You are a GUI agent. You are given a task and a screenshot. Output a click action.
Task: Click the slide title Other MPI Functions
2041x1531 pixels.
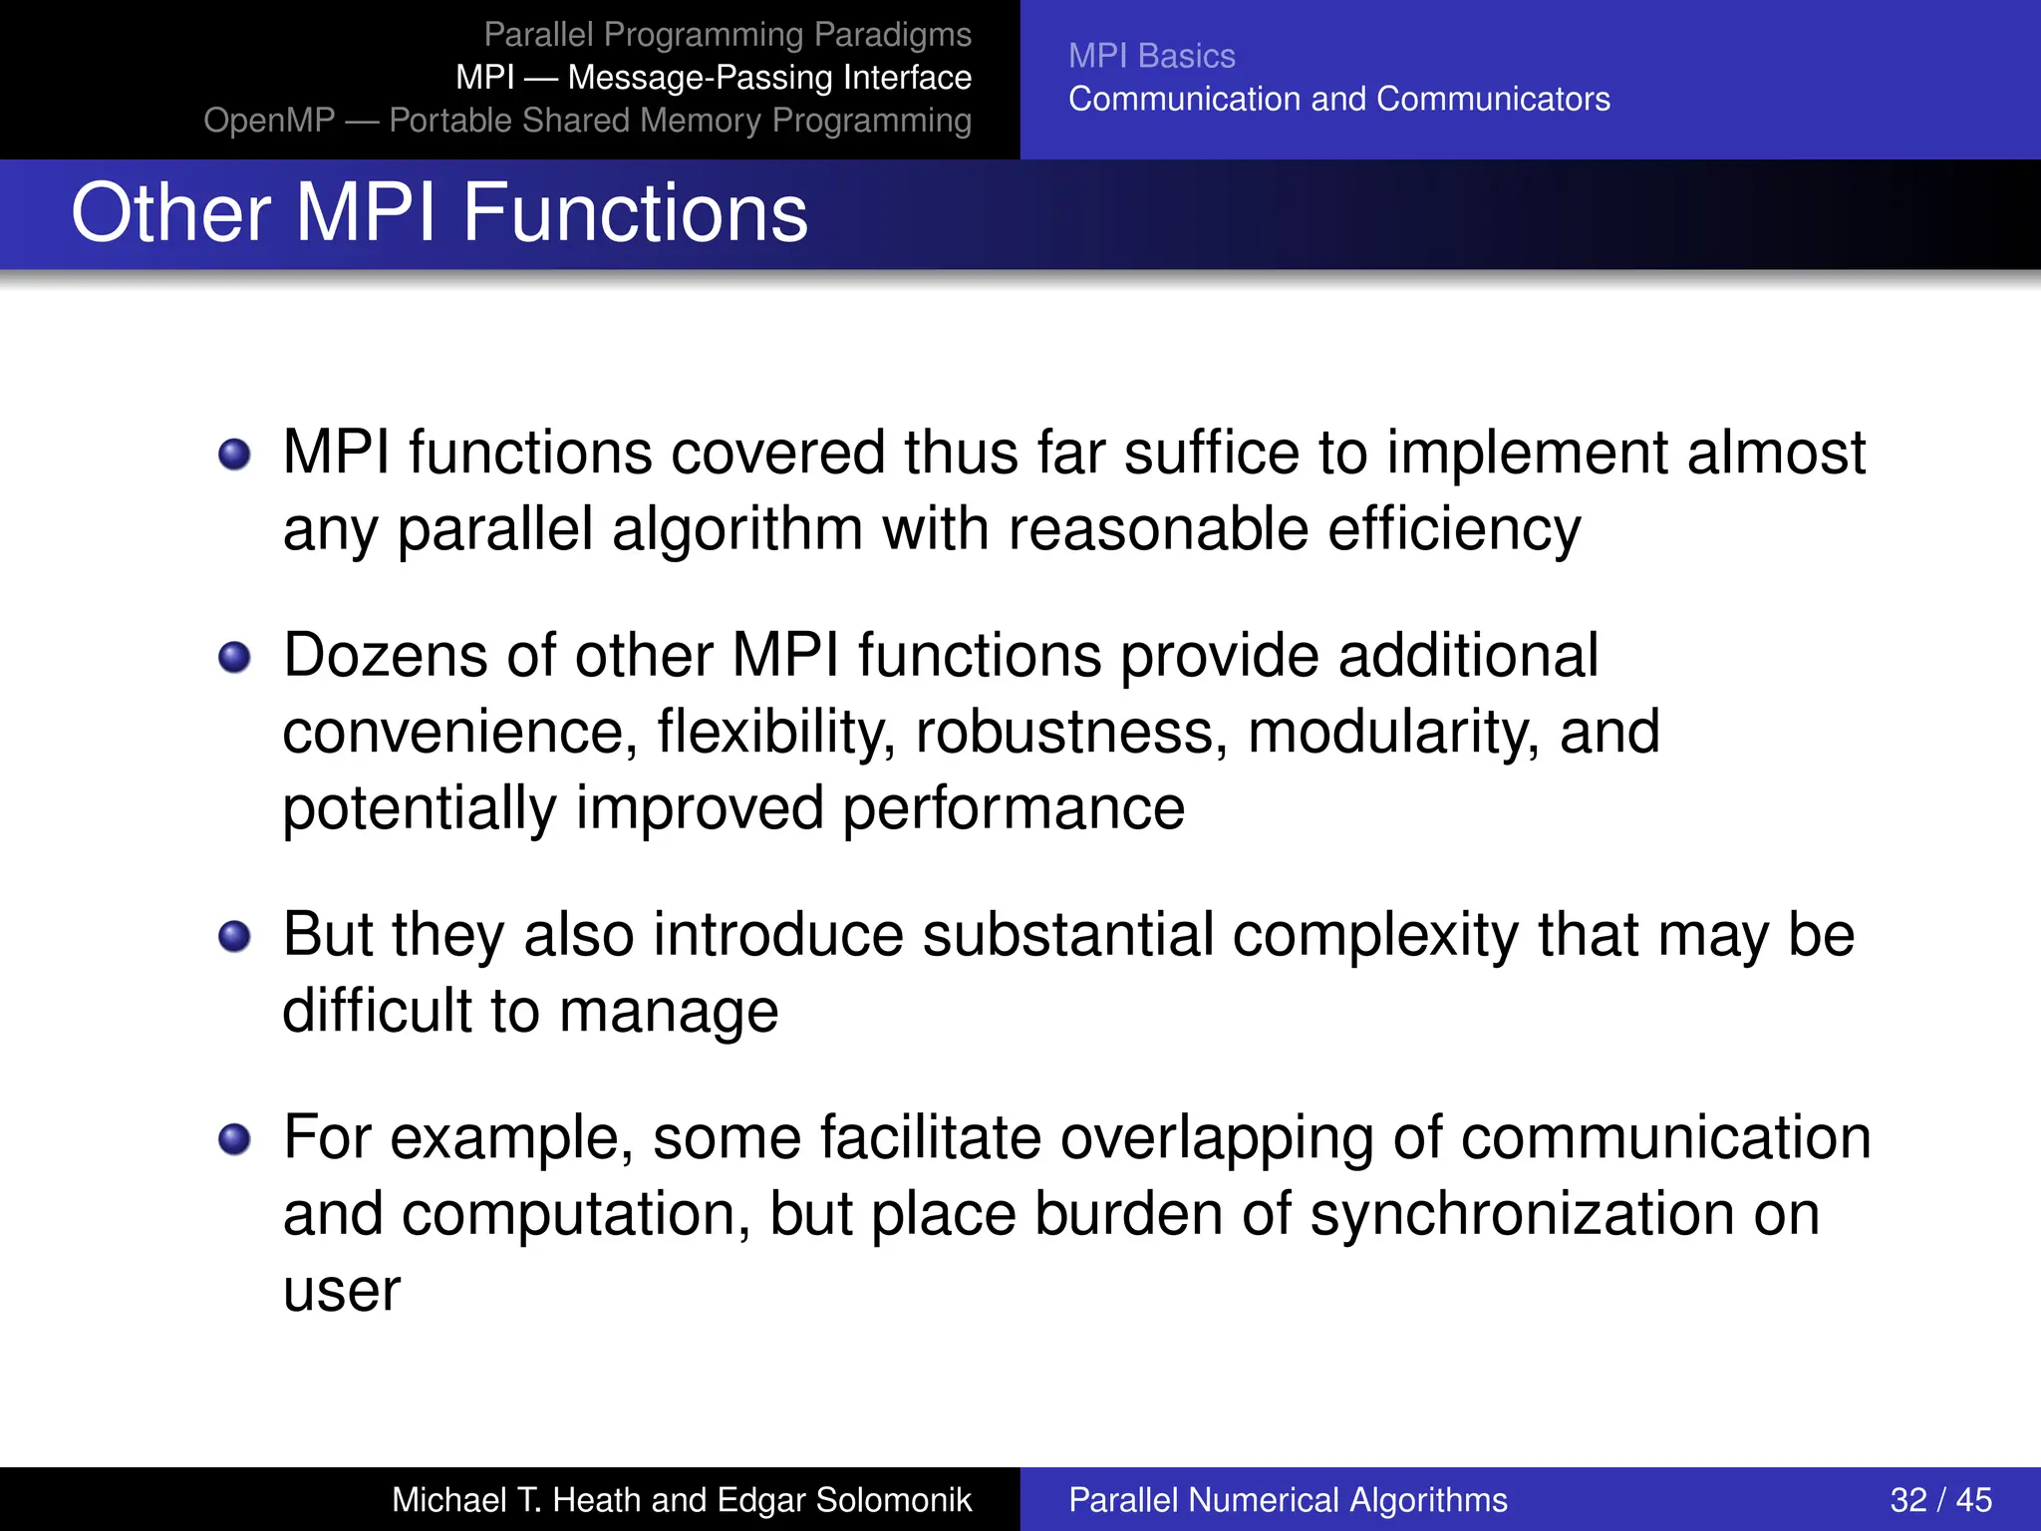(x=438, y=213)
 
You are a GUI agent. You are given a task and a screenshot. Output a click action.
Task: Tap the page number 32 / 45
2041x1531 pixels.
(x=1939, y=1499)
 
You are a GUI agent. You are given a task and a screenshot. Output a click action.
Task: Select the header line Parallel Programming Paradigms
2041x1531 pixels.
(x=728, y=35)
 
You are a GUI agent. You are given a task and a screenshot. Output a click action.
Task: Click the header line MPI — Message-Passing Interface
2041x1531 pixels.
(x=714, y=78)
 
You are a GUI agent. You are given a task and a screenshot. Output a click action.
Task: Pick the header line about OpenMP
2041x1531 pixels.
(x=588, y=121)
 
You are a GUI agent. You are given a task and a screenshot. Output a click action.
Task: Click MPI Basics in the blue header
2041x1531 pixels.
(x=1151, y=56)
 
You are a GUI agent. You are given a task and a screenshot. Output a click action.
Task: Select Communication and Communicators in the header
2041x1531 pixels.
(x=1338, y=99)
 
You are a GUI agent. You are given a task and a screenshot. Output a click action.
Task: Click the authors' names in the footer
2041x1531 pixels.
(x=681, y=1499)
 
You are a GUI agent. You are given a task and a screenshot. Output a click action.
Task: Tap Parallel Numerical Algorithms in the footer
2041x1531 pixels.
(x=1288, y=1499)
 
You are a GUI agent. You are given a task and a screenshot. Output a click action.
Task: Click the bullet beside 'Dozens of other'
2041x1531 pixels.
(x=234, y=658)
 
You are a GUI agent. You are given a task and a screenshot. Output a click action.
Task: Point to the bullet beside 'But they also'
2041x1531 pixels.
(x=234, y=937)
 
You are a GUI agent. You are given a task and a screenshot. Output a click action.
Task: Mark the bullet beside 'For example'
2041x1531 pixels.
(x=234, y=1139)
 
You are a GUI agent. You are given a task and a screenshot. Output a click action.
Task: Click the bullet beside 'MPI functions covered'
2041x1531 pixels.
(x=234, y=455)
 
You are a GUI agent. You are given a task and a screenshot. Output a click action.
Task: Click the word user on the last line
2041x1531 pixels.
(x=341, y=1292)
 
